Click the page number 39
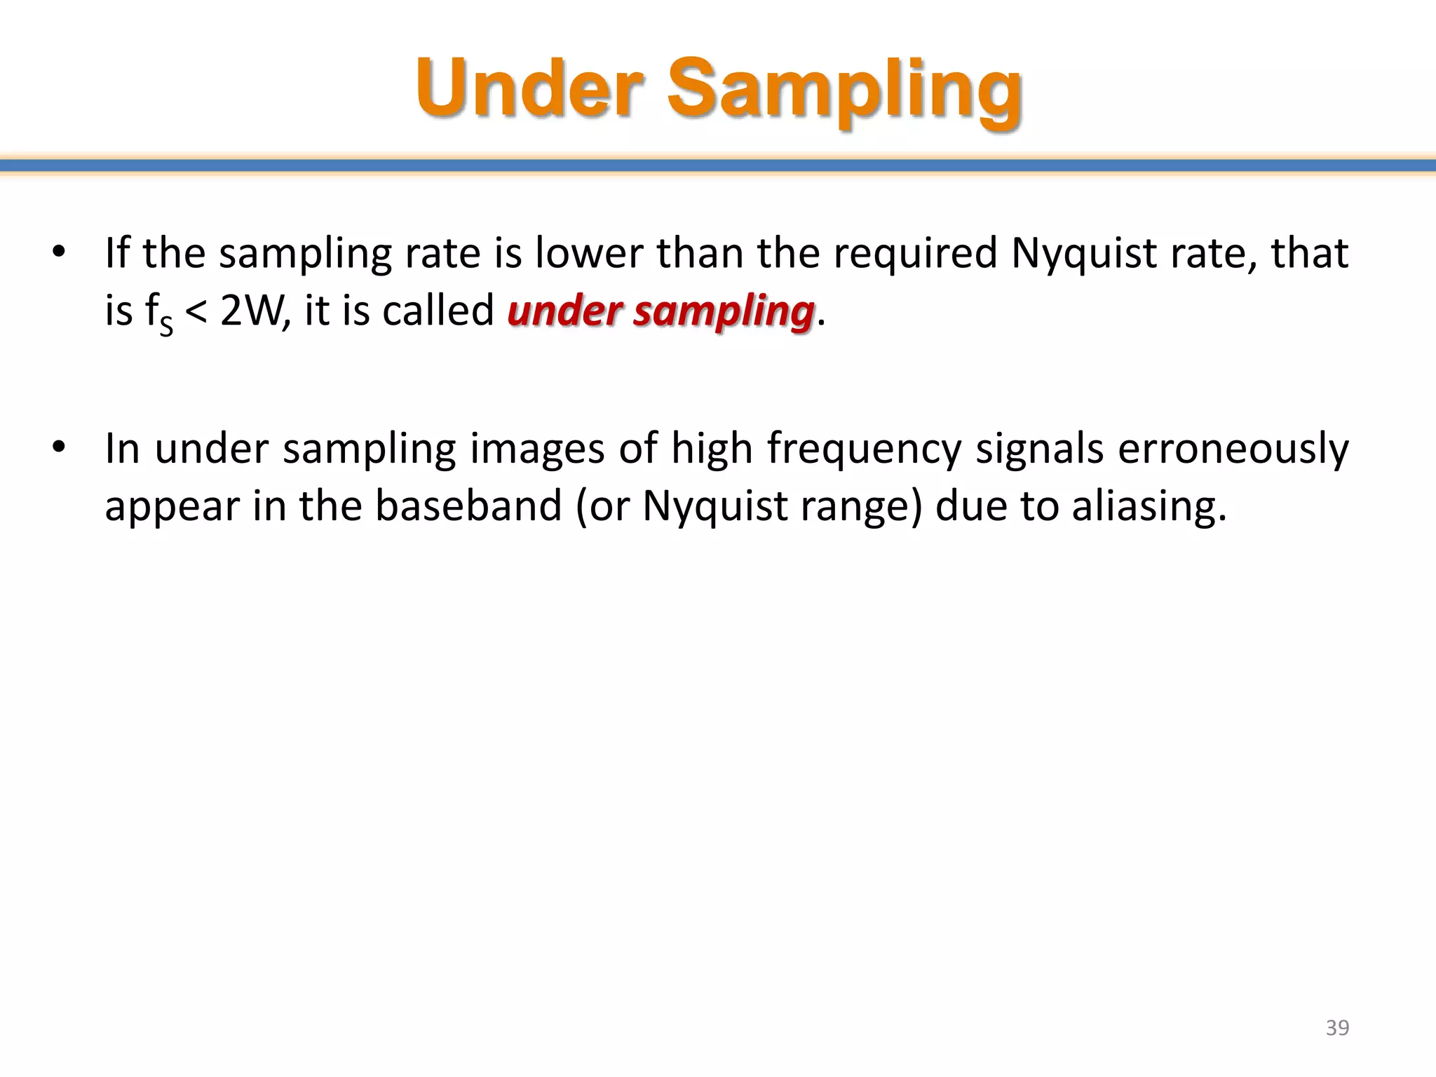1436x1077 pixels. (1337, 1027)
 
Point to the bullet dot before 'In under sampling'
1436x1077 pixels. (59, 447)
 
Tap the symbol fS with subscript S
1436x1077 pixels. (159, 313)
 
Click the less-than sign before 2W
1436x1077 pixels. (197, 312)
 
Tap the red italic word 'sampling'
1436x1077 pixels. (723, 312)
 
